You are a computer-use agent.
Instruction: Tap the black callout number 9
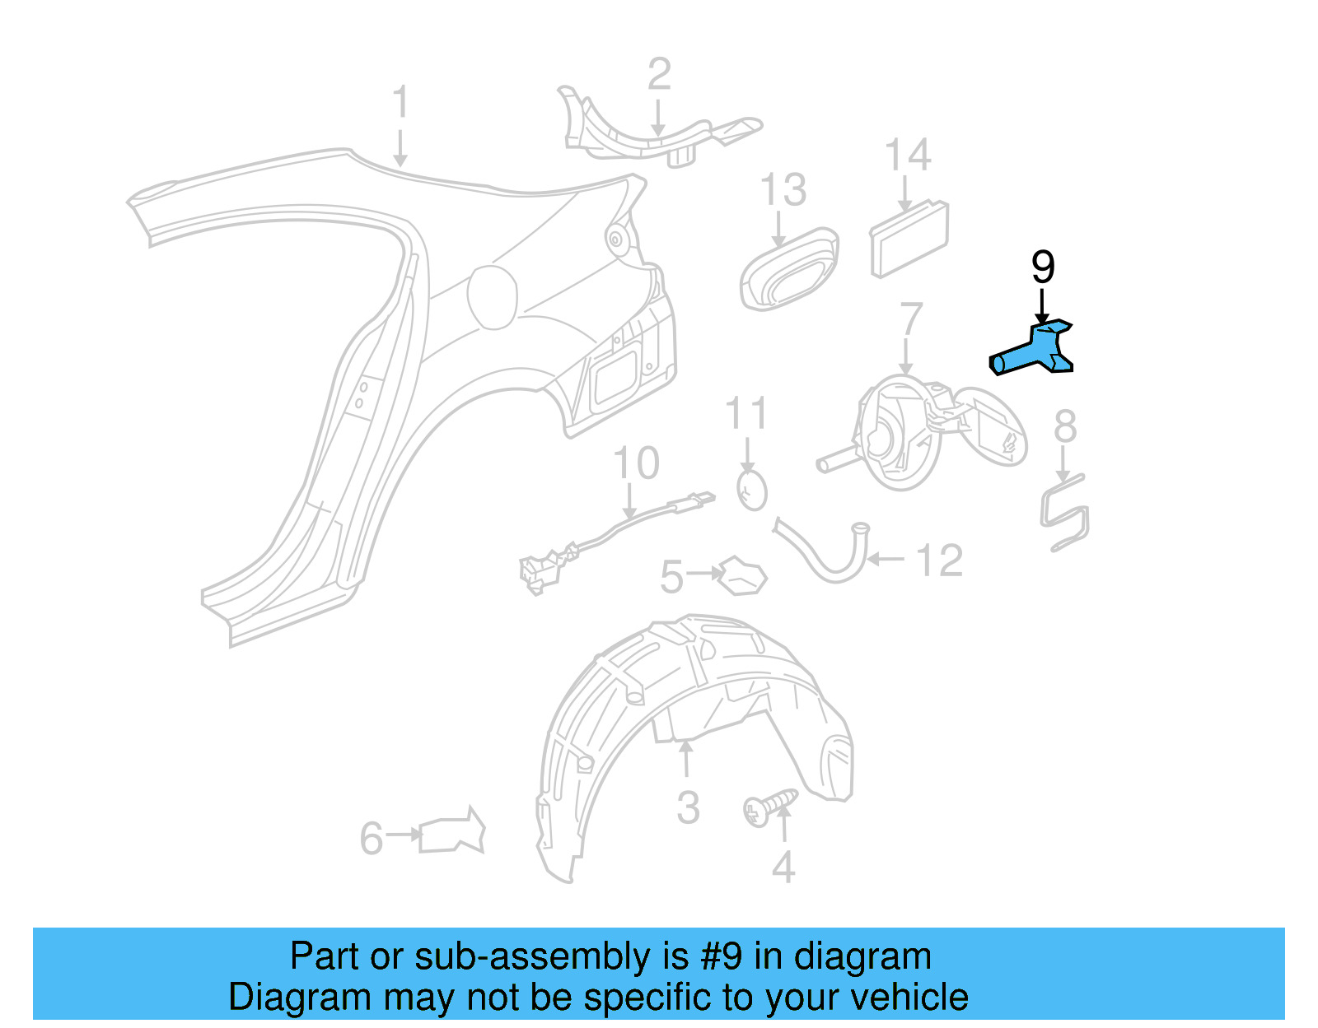[1042, 267]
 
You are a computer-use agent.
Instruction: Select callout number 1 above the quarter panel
[400, 103]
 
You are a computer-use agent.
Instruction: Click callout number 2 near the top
[659, 75]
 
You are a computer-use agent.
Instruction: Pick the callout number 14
[908, 156]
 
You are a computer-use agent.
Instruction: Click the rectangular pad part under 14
[909, 240]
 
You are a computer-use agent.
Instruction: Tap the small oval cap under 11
[752, 491]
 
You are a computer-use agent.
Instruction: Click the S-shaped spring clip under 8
[1065, 512]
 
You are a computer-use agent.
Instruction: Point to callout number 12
[939, 561]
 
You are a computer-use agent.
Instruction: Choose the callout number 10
[637, 463]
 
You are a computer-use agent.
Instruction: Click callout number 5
[671, 576]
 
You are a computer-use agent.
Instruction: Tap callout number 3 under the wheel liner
[688, 807]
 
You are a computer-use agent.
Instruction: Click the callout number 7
[911, 319]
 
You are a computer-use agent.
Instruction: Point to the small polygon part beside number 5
[743, 576]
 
